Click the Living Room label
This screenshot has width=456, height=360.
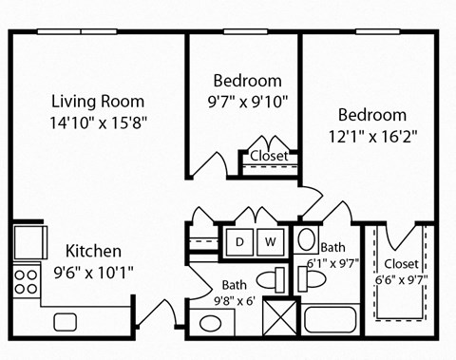[x=98, y=102]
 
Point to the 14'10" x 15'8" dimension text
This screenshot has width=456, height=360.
[x=98, y=122]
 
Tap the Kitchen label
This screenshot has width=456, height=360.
[x=93, y=252]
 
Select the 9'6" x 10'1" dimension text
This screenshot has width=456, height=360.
[x=93, y=272]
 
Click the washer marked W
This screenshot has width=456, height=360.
[x=270, y=241]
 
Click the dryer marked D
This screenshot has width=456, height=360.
[x=240, y=241]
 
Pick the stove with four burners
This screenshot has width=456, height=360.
[x=27, y=280]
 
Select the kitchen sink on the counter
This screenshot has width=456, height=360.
[x=66, y=320]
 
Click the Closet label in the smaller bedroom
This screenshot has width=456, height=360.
[x=269, y=156]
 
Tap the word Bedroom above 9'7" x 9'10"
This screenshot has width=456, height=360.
[x=247, y=80]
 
